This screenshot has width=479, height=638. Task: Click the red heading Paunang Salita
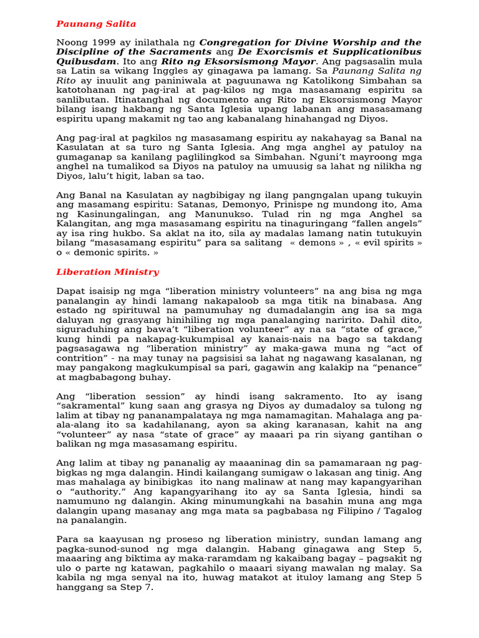tap(96, 24)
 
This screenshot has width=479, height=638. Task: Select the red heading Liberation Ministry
tap(107, 272)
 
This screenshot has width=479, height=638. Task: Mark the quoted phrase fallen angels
tap(385, 223)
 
